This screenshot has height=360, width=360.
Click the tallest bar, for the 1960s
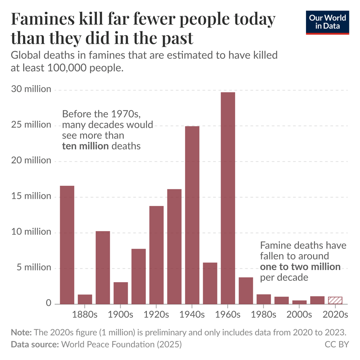[x=228, y=198]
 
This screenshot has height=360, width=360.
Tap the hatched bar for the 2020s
[x=335, y=300]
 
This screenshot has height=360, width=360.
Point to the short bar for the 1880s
[x=85, y=299]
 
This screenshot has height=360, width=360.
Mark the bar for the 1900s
[x=121, y=293]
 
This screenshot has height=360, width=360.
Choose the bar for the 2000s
[x=299, y=302]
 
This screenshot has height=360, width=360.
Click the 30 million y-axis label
[x=32, y=89]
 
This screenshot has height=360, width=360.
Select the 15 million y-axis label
[x=32, y=196]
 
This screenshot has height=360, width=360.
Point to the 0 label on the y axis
[x=48, y=303]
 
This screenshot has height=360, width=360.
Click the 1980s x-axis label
[x=264, y=315]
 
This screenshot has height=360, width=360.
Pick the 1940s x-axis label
[x=192, y=315]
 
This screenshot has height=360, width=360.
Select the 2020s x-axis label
[x=335, y=315]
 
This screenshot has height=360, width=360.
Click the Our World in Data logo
[x=327, y=22]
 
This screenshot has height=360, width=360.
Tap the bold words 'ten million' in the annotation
[x=85, y=146]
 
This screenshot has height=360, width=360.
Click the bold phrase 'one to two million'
[x=300, y=267]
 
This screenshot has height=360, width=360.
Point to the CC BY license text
[x=337, y=345]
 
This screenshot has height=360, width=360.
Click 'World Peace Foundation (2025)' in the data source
[x=121, y=345]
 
